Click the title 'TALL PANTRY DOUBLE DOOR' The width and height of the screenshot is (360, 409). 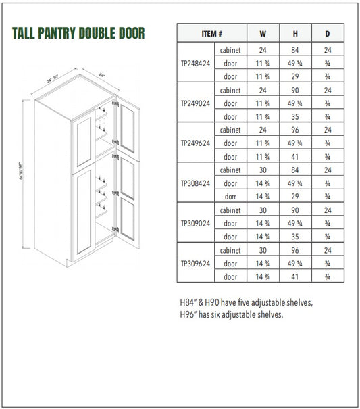78,33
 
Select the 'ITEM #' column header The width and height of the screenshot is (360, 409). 211,33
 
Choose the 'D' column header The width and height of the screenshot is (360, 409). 327,33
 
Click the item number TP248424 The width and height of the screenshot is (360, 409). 195,63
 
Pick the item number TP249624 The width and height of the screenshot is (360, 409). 195,143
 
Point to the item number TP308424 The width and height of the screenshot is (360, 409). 195,183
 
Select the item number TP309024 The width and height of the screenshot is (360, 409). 195,223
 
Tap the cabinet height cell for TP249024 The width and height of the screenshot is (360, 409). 294,90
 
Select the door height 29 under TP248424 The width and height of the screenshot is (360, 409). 294,76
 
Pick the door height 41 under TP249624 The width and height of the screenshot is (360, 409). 294,157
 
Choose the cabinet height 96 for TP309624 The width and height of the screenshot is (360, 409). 294,250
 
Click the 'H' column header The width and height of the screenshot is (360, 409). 294,33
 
